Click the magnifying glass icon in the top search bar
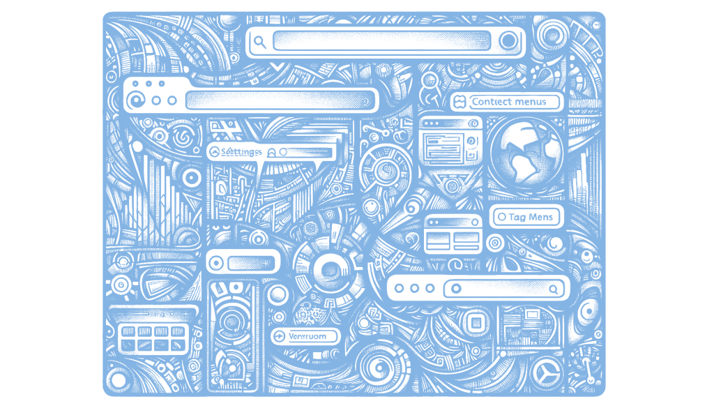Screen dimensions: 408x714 259,42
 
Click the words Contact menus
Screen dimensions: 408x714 515,102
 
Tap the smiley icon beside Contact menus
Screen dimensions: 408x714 459,102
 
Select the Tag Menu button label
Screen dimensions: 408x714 531,217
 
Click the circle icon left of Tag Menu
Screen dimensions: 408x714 501,217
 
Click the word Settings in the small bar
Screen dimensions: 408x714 241,151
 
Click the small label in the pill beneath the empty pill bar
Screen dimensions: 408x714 307,336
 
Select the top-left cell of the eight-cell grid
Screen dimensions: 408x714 128,331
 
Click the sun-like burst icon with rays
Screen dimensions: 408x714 121,285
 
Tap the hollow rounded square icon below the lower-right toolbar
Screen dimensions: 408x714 476,322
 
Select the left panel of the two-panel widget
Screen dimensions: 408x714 439,241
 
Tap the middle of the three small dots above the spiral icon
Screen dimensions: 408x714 149,84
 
